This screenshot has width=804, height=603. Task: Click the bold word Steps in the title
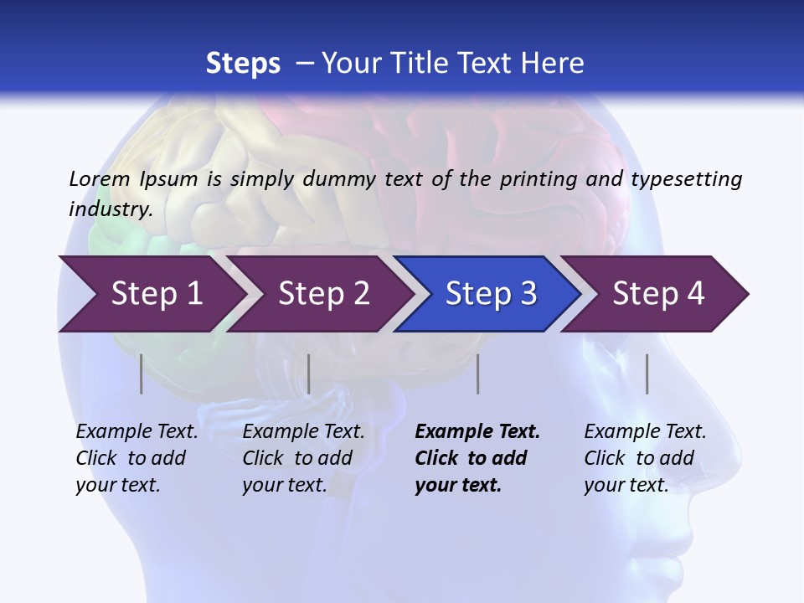pos(243,64)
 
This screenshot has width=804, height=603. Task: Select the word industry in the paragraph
pos(110,209)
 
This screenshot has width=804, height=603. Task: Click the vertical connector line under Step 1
pos(142,374)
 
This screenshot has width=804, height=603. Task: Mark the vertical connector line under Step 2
pos(309,374)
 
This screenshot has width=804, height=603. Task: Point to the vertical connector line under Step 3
pos(478,374)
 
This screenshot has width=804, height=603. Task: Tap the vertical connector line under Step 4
pos(647,374)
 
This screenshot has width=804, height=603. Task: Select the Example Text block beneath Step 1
pos(137,458)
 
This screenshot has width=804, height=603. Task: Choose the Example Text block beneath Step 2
pos(303,458)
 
